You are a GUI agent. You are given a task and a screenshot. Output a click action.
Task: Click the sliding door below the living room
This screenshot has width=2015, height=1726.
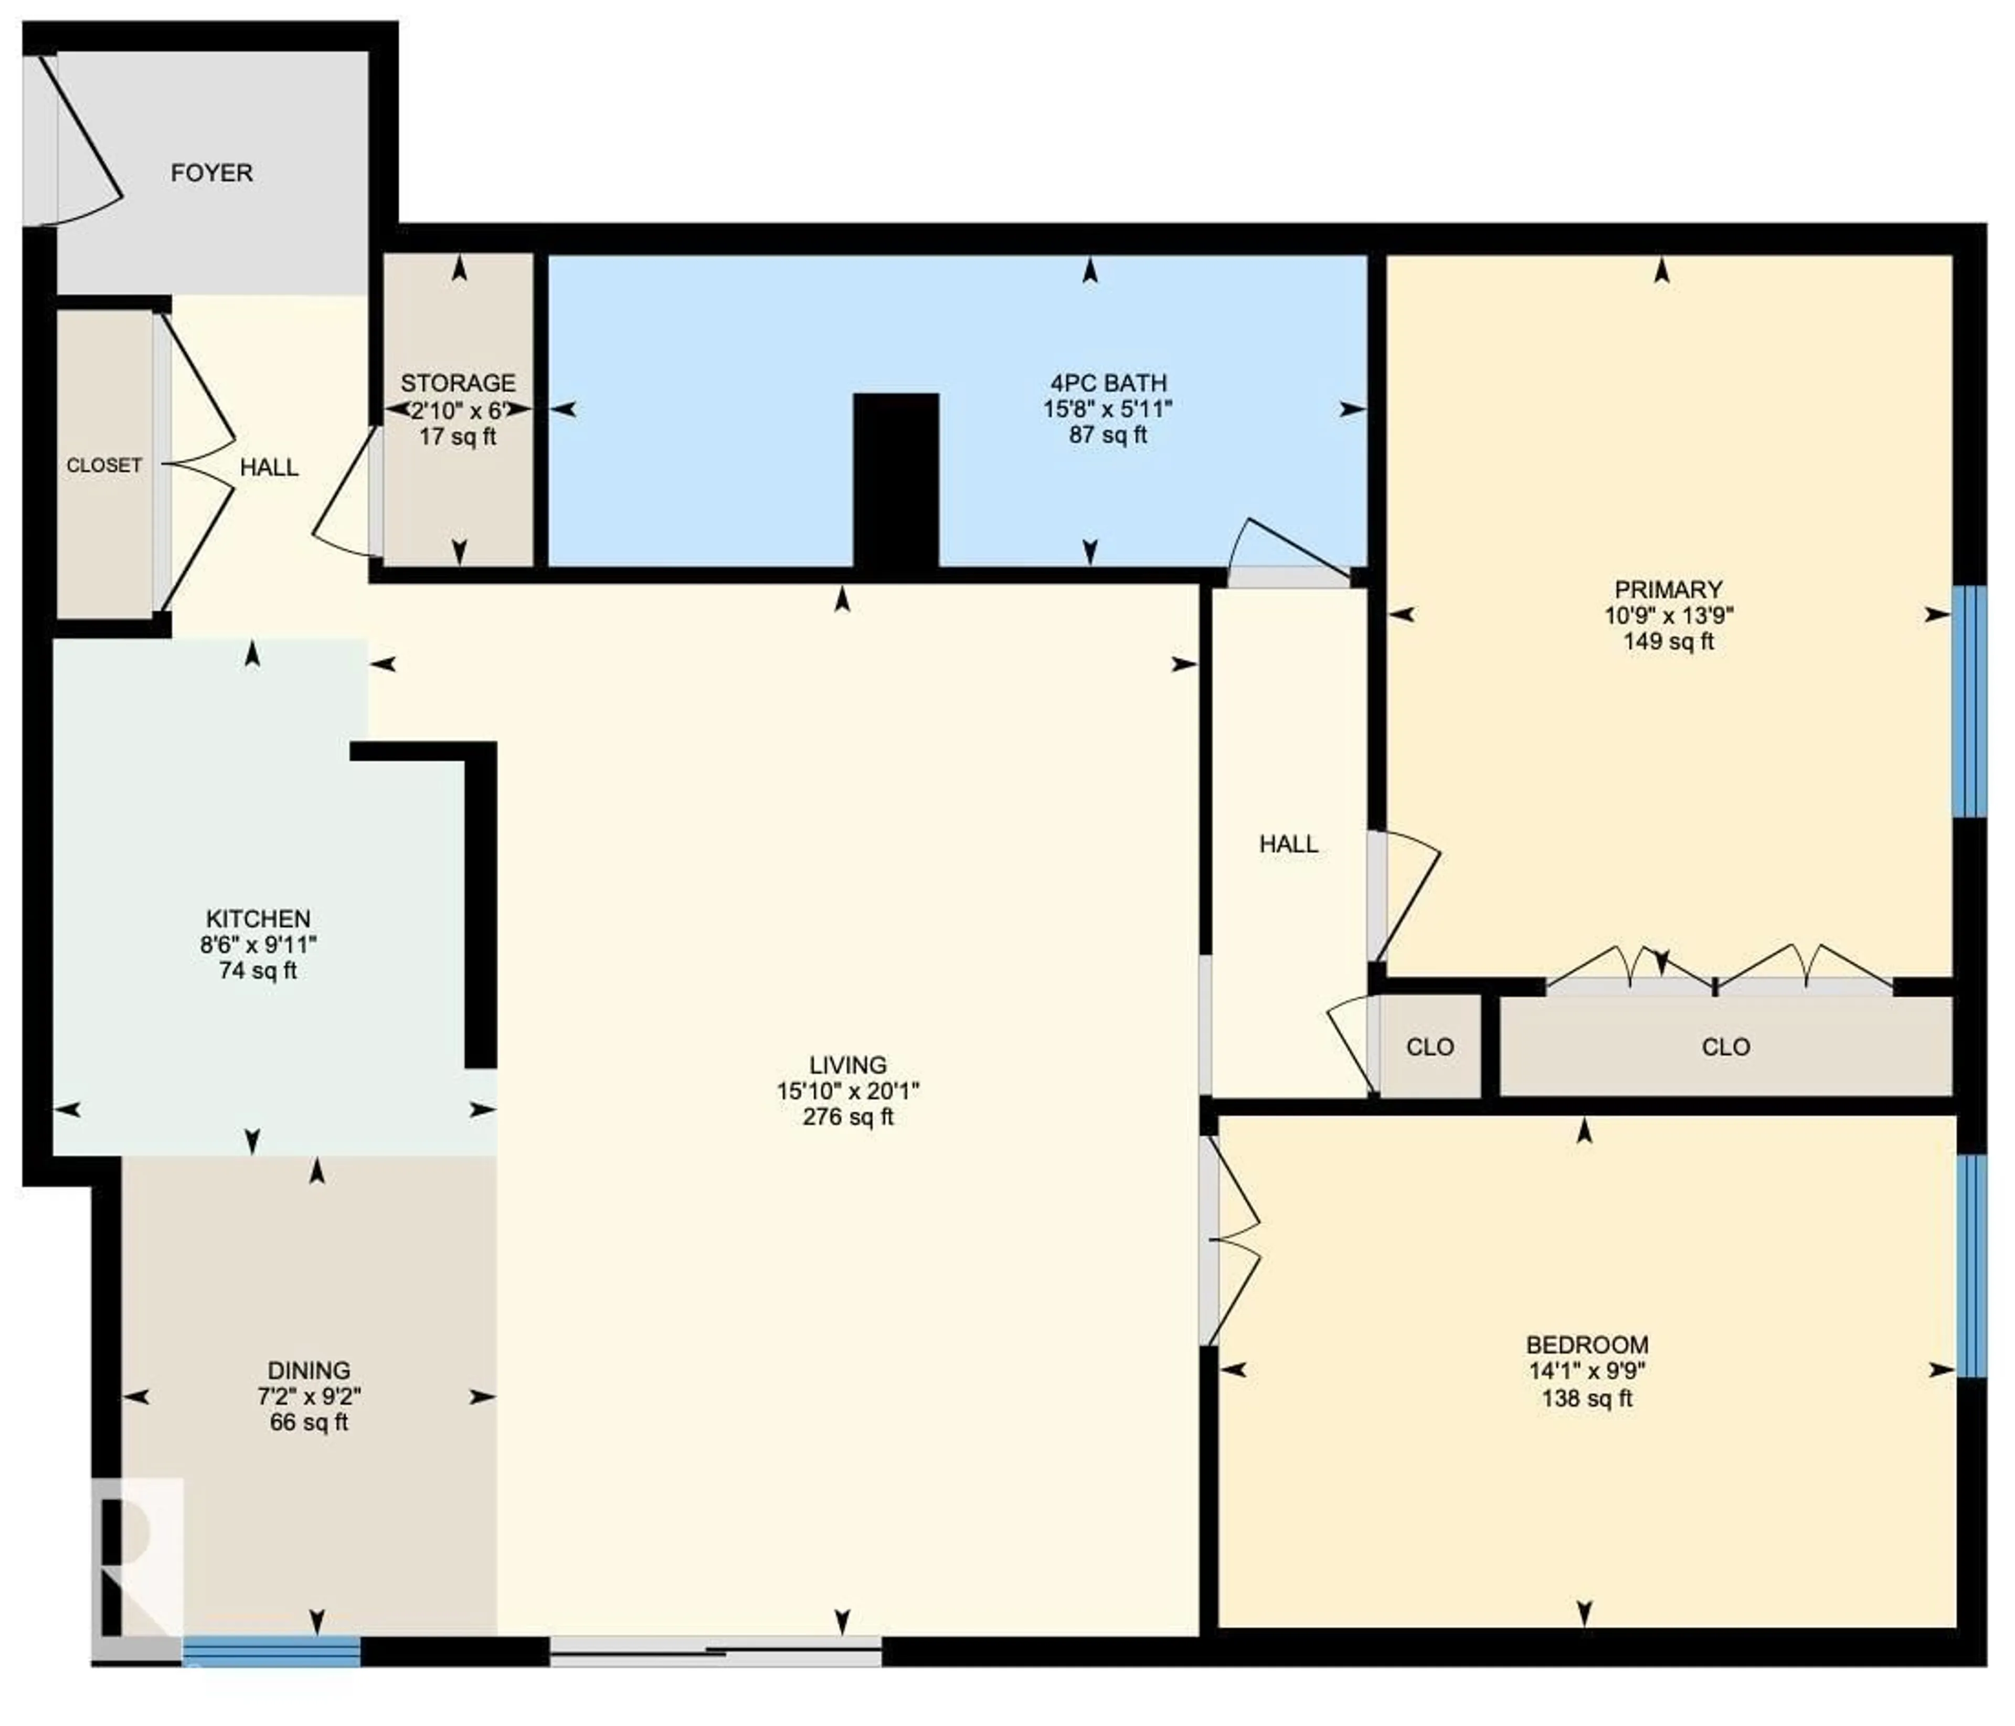[x=716, y=1650]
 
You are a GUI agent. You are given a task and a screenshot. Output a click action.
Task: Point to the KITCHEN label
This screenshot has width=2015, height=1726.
[x=258, y=918]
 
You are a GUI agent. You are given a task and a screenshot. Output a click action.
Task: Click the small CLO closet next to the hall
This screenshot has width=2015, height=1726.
[x=1429, y=1047]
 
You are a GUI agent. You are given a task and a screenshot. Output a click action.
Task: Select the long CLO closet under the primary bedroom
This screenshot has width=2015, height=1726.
[x=1725, y=1047]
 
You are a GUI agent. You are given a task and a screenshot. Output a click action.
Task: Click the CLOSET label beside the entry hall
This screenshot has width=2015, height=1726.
[x=104, y=466]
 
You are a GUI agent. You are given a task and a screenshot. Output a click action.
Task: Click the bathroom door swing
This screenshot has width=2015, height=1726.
[x=1284, y=549]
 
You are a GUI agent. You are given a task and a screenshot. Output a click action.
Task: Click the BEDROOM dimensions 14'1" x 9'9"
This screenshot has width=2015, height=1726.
[x=1586, y=1371]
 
